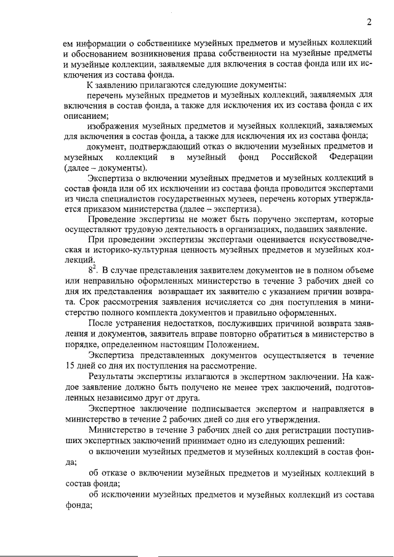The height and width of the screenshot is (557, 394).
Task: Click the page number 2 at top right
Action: click(369, 23)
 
